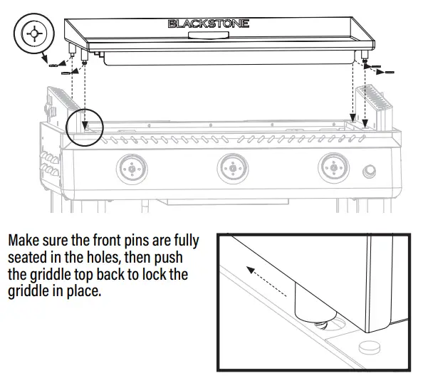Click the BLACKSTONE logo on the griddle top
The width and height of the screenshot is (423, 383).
(x=209, y=23)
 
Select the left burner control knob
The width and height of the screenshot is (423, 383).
(x=130, y=169)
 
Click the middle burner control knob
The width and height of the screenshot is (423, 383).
(x=231, y=169)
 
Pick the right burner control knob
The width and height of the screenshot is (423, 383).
(x=333, y=169)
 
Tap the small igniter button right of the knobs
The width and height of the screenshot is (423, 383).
(x=370, y=171)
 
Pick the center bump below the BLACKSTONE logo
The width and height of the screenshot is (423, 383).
(x=209, y=37)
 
